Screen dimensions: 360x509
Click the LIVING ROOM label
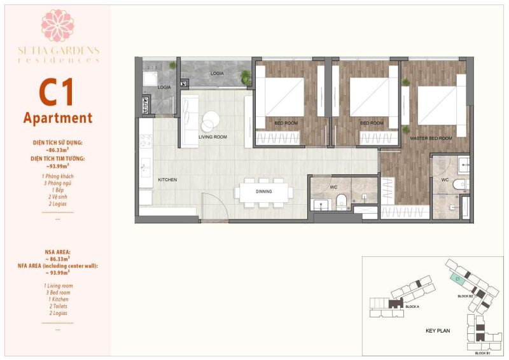(x=213, y=137)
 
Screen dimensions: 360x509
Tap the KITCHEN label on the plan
(x=167, y=180)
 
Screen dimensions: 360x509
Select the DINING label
(x=263, y=191)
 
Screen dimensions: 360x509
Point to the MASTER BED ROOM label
(x=431, y=138)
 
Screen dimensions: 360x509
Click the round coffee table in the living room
(x=211, y=120)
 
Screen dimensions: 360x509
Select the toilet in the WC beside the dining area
(x=342, y=200)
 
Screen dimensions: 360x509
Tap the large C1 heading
(x=57, y=92)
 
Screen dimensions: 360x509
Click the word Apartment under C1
(x=57, y=118)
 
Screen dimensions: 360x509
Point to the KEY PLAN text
(x=438, y=331)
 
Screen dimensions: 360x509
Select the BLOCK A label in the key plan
(x=412, y=307)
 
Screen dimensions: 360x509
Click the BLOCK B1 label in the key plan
(x=482, y=352)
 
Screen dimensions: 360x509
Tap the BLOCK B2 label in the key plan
(x=465, y=296)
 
